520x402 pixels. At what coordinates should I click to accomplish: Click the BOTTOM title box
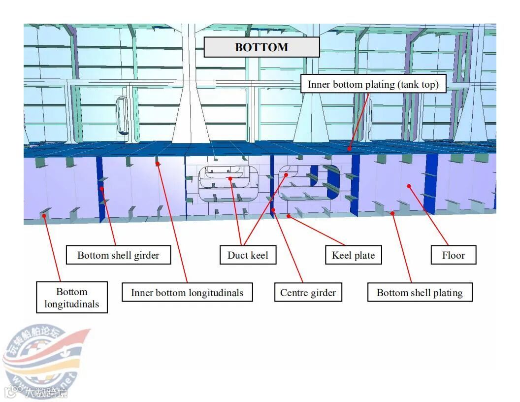point(261,47)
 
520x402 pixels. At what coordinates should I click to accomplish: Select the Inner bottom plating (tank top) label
point(373,84)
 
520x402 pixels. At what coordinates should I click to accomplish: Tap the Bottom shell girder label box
point(118,255)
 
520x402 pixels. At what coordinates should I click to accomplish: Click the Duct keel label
point(248,255)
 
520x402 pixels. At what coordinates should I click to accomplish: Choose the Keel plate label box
point(353,255)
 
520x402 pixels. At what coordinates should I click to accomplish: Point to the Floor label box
point(453,255)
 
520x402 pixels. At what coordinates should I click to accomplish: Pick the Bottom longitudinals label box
point(71,298)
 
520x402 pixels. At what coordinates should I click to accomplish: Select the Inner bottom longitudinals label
point(187,293)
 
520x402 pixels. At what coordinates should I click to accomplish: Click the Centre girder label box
point(308,293)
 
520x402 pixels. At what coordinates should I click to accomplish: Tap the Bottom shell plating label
point(420,293)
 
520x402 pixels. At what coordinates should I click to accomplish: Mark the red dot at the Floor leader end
point(409,186)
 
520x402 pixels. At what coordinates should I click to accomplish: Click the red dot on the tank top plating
point(350,148)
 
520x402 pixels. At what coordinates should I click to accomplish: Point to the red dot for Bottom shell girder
point(102,188)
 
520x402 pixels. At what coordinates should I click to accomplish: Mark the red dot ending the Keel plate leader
point(289,215)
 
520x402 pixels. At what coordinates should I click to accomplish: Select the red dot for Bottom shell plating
point(392,213)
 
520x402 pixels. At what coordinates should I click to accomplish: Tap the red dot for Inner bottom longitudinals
point(158,164)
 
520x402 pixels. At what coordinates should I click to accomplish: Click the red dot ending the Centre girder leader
point(273,210)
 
